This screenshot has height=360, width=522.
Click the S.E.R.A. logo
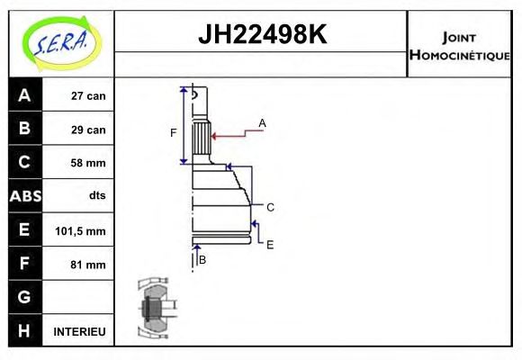(61, 42)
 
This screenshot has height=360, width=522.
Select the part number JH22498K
(261, 35)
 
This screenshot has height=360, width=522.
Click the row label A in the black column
(24, 95)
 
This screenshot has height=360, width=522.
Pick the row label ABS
(24, 196)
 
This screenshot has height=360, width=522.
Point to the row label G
(24, 297)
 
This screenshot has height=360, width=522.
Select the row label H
(24, 331)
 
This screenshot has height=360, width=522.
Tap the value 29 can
(88, 130)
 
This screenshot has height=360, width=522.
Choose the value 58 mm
(88, 163)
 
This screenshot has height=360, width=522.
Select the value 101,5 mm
(82, 231)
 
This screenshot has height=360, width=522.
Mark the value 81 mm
(88, 265)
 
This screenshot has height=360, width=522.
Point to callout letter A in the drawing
(262, 122)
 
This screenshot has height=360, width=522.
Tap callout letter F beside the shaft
(174, 133)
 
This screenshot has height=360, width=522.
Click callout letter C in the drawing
(270, 207)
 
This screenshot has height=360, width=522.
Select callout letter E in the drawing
(270, 244)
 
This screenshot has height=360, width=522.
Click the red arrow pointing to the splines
(234, 135)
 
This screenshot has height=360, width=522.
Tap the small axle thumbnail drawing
(152, 307)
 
